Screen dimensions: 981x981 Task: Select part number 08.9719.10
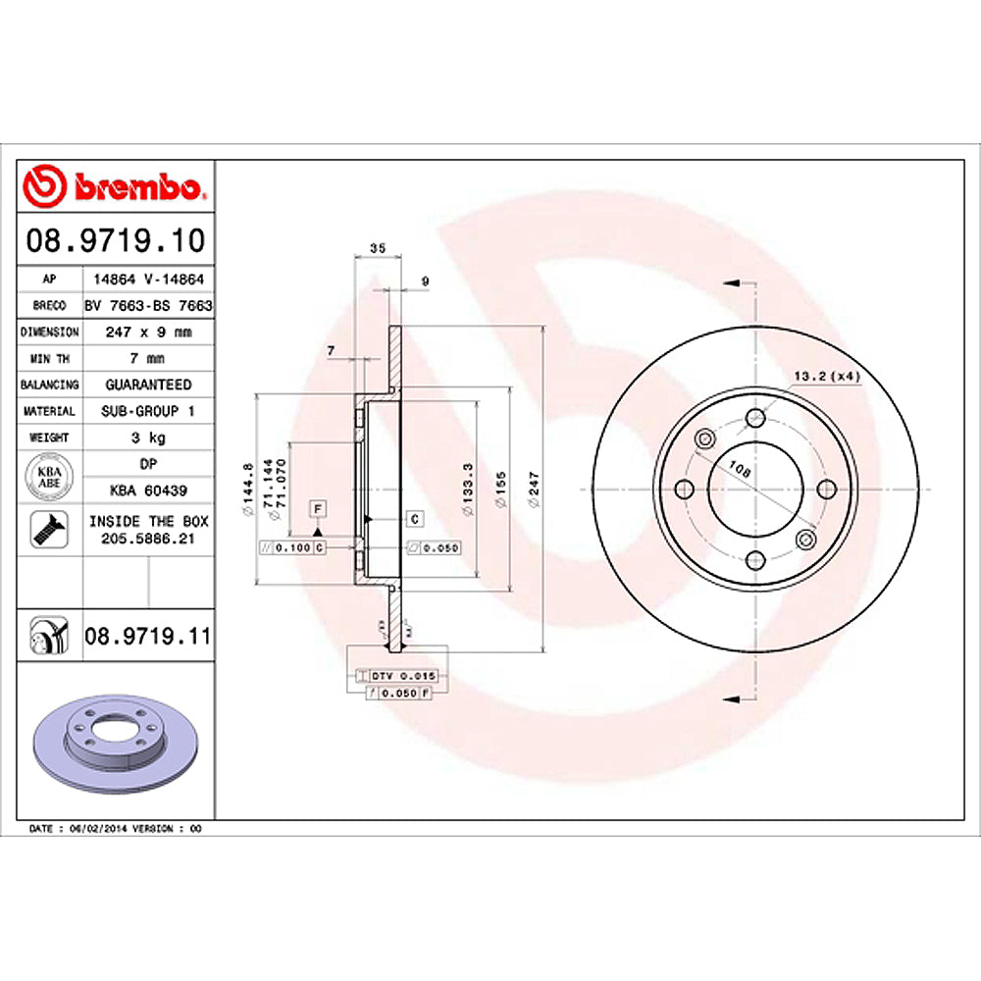click(116, 239)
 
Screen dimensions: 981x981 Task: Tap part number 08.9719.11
click(147, 638)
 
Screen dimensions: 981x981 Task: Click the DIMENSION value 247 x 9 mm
click(148, 332)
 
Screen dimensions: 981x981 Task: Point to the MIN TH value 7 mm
click(148, 358)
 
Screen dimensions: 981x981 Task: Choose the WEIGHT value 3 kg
click(148, 438)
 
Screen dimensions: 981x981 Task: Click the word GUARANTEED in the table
click(148, 385)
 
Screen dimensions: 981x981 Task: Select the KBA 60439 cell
click(148, 490)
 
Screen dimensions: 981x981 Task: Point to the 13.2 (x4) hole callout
click(826, 376)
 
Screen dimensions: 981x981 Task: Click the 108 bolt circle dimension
click(743, 472)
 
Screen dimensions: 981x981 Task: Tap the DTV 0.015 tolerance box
click(405, 677)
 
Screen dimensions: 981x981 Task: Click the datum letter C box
click(414, 518)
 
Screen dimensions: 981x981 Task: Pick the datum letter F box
click(318, 507)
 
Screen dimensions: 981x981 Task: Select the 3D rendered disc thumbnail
click(116, 744)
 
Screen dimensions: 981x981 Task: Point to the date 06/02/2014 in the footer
click(94, 829)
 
